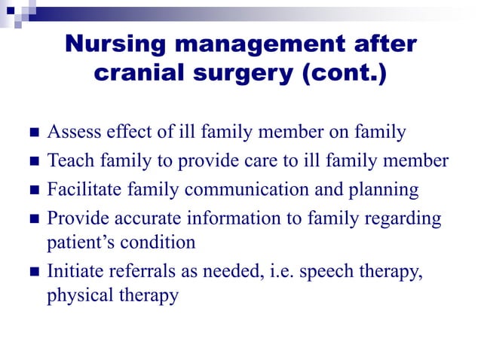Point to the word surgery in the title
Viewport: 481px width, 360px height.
(242, 76)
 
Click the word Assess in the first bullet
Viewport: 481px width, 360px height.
(72, 133)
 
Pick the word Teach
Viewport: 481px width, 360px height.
(69, 161)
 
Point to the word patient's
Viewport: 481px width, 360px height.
(75, 243)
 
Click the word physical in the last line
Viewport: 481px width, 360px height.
(77, 295)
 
